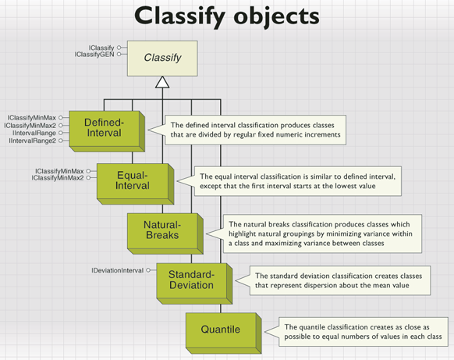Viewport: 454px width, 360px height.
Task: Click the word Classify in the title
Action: tap(179, 16)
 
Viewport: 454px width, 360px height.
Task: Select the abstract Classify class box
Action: tap(162, 59)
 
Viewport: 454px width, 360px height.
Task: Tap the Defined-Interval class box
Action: tap(107, 131)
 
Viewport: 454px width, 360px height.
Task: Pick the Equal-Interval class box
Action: tap(135, 184)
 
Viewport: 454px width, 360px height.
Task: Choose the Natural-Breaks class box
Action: tap(165, 233)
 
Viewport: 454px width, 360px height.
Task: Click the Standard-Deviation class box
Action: tap(194, 283)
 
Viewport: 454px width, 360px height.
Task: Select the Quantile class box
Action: tap(224, 333)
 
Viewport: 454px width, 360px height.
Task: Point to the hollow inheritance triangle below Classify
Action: tap(162, 82)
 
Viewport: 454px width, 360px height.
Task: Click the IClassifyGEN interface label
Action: tap(94, 55)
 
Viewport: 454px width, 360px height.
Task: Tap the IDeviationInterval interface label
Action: tap(118, 270)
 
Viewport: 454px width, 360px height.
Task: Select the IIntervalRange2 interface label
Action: tap(33, 141)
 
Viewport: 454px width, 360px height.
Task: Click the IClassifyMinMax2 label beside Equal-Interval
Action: tap(58, 178)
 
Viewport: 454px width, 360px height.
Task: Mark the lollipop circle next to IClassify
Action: tap(119, 48)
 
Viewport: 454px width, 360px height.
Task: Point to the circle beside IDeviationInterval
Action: tap(148, 270)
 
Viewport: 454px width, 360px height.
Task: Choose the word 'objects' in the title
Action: tap(276, 17)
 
